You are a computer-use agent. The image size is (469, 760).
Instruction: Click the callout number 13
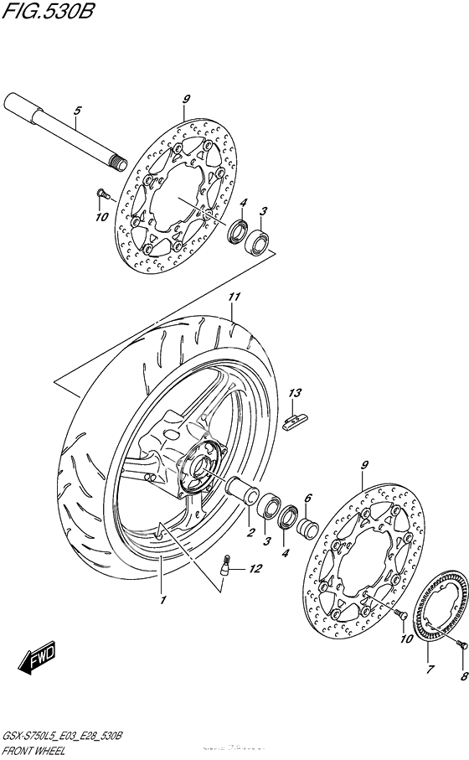[294, 393]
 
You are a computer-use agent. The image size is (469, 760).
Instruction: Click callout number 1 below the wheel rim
[164, 599]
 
